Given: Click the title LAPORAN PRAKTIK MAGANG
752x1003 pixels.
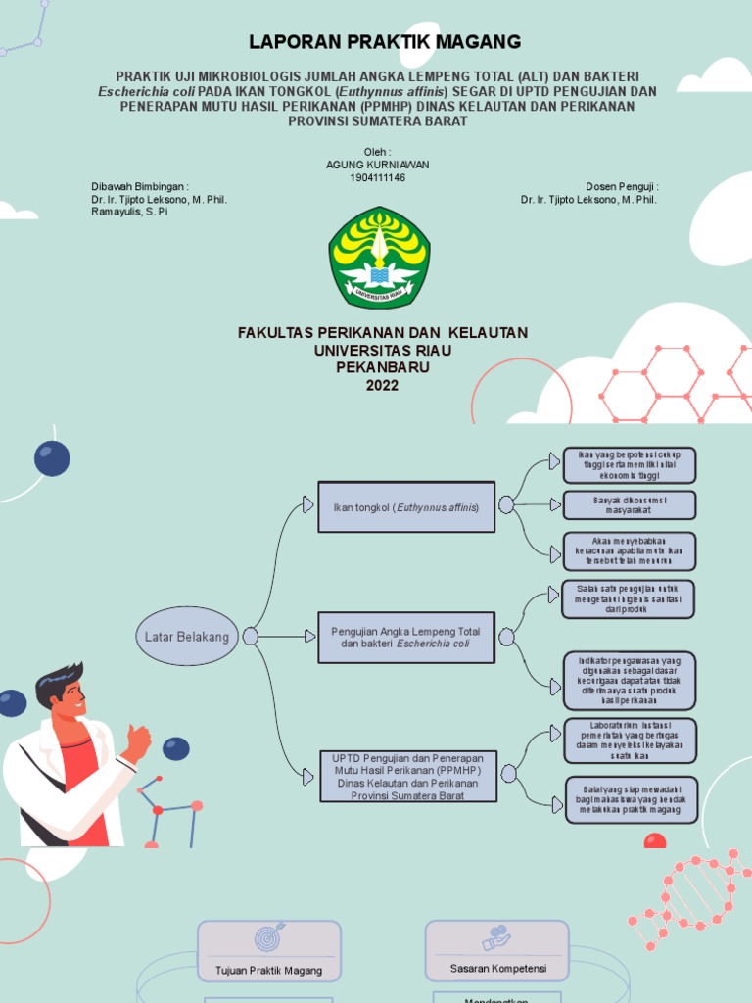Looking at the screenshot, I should [x=384, y=41].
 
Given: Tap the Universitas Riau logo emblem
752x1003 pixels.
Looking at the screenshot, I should [x=378, y=258].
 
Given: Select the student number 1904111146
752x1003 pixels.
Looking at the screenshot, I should [x=377, y=177].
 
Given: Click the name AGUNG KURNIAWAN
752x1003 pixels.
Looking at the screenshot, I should [x=377, y=165].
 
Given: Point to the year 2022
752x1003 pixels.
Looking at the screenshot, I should [x=382, y=385].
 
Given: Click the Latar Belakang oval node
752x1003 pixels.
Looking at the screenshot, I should [x=186, y=637].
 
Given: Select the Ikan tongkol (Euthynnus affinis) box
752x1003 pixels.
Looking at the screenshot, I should [x=406, y=506].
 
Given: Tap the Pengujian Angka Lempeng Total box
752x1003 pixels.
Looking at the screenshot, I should [x=406, y=638].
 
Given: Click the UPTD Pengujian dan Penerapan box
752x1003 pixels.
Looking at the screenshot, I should [x=406, y=776].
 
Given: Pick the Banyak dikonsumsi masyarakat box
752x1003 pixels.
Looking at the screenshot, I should [x=630, y=504].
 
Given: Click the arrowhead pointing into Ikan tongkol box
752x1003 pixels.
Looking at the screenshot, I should [x=308, y=504].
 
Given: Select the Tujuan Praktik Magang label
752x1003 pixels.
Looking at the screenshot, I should [x=268, y=970].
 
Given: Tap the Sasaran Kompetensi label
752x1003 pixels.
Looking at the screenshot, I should [x=497, y=968].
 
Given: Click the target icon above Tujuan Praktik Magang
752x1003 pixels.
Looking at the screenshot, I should [x=269, y=937].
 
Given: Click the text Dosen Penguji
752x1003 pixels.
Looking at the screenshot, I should [x=622, y=186].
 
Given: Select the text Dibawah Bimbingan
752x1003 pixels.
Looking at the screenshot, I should [x=139, y=186].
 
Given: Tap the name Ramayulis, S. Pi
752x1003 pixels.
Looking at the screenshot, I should [x=129, y=212].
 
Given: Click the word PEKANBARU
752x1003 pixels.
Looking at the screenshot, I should [x=382, y=367].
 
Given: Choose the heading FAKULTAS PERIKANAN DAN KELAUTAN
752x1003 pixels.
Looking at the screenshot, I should [x=382, y=333].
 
